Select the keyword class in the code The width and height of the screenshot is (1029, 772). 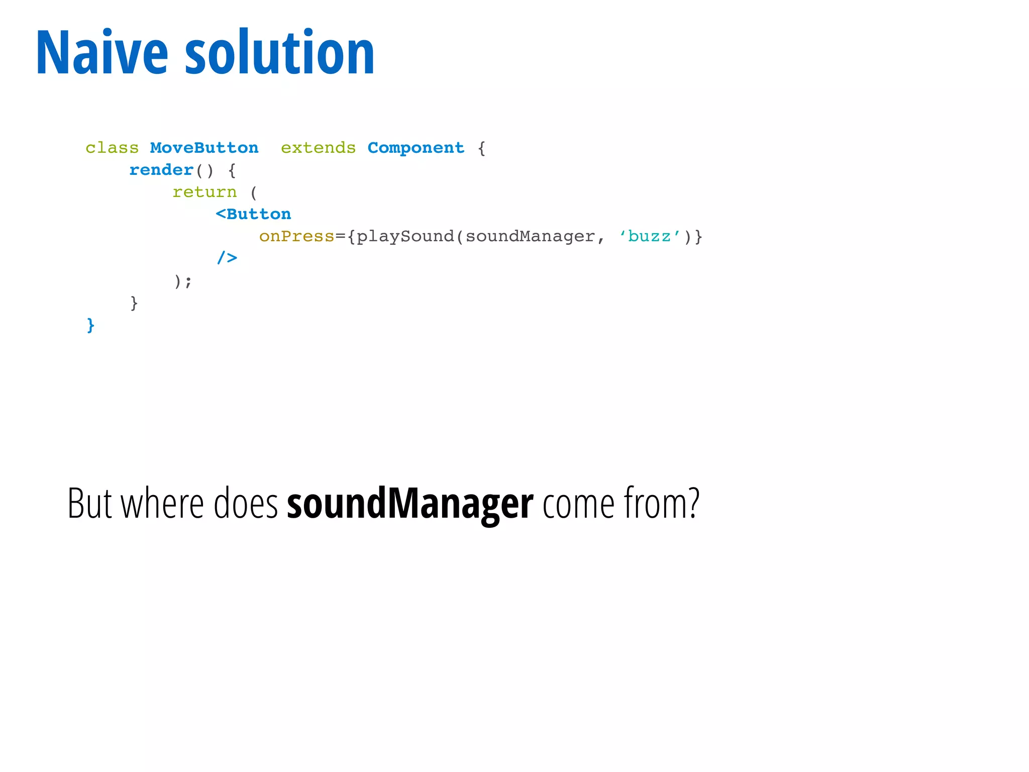pyautogui.click(x=112, y=148)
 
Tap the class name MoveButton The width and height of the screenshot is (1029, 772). pyautogui.click(x=204, y=148)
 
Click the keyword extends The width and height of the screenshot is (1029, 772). pyautogui.click(x=318, y=148)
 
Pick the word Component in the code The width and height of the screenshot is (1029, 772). pyautogui.click(x=416, y=148)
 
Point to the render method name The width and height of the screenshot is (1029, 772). pyautogui.click(x=161, y=170)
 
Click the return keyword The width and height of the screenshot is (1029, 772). pyautogui.click(x=204, y=192)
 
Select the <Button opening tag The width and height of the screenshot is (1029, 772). pyautogui.click(x=253, y=214)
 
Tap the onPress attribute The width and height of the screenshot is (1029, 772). pyautogui.click(x=296, y=236)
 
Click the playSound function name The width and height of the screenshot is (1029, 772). pyautogui.click(x=405, y=236)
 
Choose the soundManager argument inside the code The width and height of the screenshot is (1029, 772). pyautogui.click(x=530, y=236)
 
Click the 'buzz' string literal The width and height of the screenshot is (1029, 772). pyautogui.click(x=649, y=236)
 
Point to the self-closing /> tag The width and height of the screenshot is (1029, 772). pyautogui.click(x=227, y=258)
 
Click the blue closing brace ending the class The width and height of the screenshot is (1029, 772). pyautogui.click(x=90, y=325)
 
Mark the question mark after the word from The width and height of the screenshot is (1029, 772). pyautogui.click(x=693, y=503)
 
